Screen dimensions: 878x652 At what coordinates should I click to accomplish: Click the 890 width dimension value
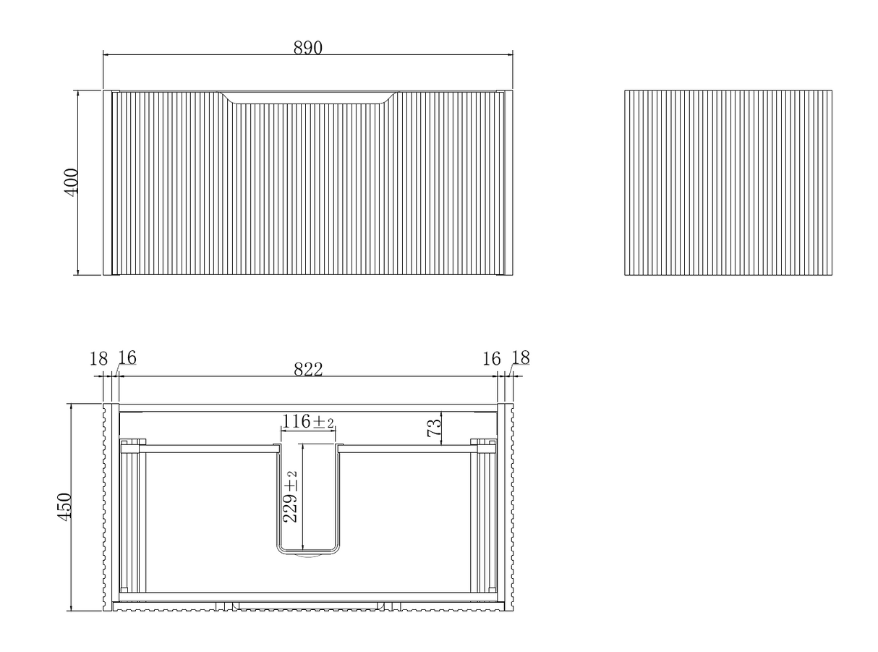307,48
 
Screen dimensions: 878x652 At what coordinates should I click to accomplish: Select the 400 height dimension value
72,182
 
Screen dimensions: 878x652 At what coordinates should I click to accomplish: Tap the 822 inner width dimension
308,370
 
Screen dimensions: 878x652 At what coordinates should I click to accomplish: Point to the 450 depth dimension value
64,507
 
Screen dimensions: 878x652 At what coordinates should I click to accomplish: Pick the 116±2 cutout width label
307,421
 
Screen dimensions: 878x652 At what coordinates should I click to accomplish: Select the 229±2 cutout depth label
290,496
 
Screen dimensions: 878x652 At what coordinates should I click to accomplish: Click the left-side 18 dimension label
98,359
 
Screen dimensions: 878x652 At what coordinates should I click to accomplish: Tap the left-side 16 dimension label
127,357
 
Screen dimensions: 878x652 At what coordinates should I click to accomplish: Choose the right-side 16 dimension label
491,359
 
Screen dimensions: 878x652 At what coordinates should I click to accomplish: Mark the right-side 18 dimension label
520,357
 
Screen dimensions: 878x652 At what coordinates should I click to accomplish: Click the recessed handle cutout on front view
307,98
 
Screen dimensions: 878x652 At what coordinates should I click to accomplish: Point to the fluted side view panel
728,182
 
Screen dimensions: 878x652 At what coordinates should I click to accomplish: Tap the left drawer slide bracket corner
133,446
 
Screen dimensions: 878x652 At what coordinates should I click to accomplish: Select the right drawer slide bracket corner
483,446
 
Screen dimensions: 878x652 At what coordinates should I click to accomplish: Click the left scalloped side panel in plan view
107,507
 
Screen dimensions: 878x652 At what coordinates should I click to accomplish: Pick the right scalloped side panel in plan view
509,507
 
